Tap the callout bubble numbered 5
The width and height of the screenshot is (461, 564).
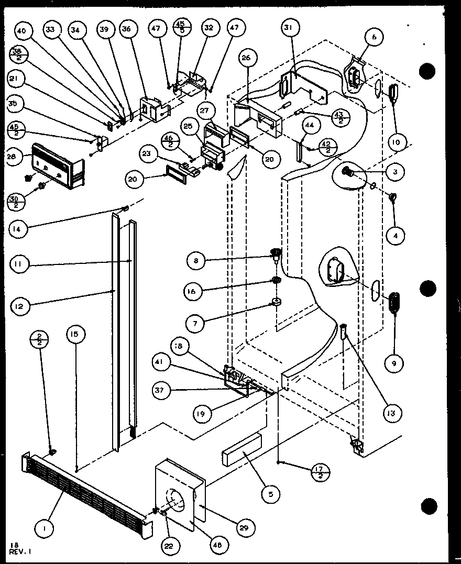(x=271, y=493)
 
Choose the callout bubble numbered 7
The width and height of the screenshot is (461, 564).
(x=195, y=324)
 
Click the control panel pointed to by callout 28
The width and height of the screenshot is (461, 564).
(x=55, y=166)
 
